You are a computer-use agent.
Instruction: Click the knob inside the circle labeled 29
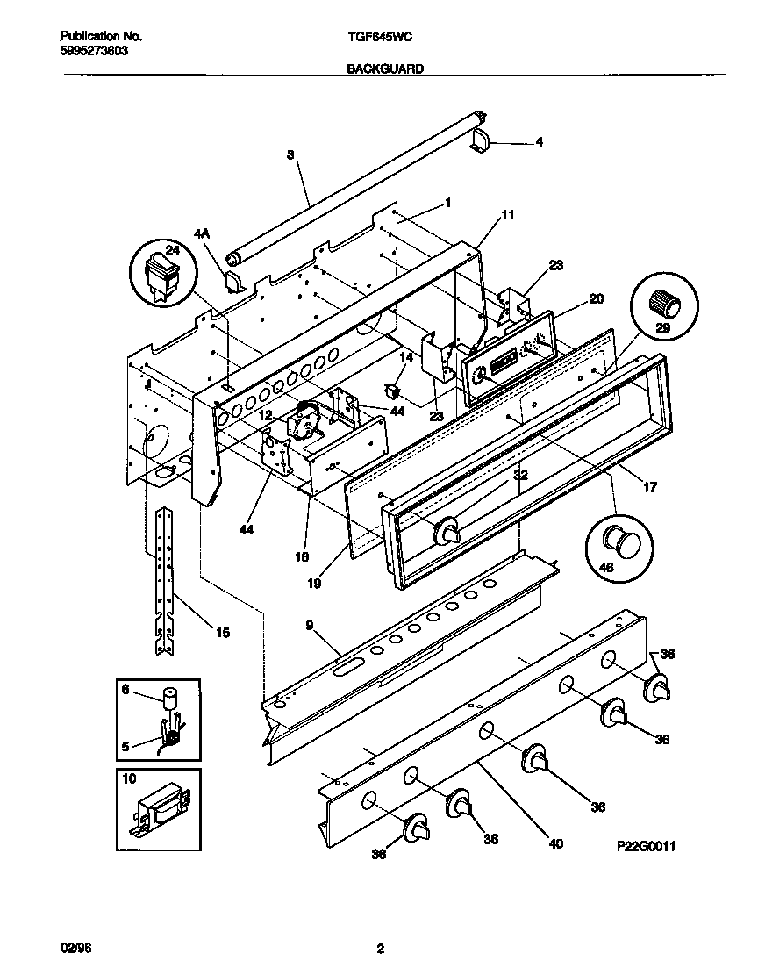click(x=664, y=305)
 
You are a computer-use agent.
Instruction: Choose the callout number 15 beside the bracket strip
click(x=223, y=632)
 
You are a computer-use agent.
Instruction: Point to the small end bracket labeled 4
click(x=482, y=141)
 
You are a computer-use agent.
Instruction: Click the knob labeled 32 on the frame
click(x=448, y=530)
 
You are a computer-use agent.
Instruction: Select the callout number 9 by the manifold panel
click(x=310, y=626)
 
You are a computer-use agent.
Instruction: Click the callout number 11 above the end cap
click(x=507, y=214)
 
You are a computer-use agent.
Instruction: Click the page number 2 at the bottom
click(x=379, y=948)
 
